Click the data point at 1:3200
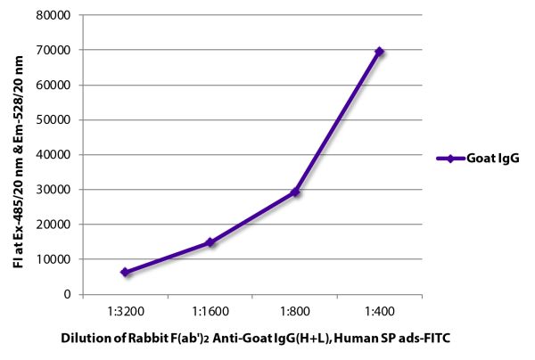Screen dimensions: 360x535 [x=125, y=272]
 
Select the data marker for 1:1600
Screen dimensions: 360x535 [x=210, y=242]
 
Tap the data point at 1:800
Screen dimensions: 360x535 [x=295, y=192]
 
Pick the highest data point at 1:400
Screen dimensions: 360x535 [x=380, y=52]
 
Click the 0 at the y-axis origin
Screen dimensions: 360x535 [x=68, y=294]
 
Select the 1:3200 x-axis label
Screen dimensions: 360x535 [x=125, y=312]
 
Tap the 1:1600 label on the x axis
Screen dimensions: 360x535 [x=210, y=312]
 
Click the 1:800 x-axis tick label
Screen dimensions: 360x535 [x=295, y=312]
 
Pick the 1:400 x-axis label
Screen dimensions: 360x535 [x=380, y=312]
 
